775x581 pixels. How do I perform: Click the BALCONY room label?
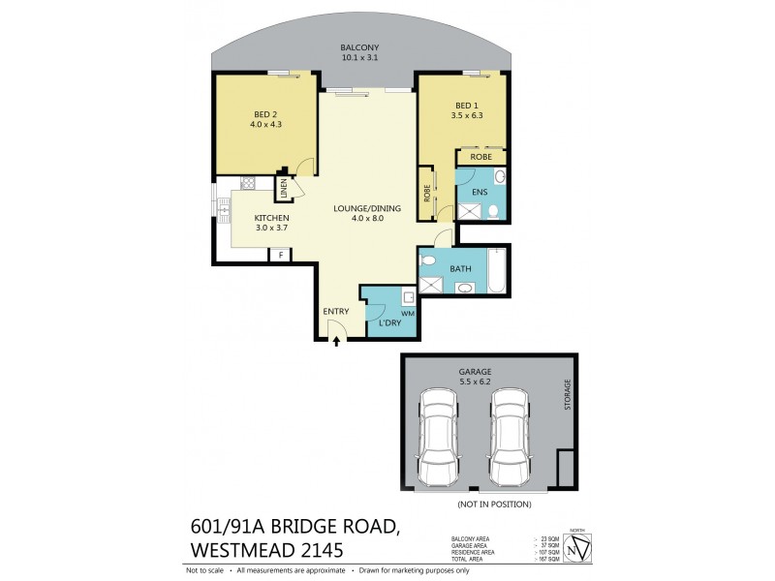359,47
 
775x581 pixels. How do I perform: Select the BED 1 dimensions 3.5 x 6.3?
467,115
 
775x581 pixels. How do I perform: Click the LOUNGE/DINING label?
359,207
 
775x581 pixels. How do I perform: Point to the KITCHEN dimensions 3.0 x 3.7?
271,229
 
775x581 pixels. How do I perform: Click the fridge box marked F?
281,255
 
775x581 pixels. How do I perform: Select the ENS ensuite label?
479,193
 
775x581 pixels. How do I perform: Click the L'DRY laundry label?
389,322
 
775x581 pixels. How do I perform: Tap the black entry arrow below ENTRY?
336,340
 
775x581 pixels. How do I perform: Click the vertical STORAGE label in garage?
569,395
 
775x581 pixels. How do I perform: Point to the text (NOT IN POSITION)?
495,505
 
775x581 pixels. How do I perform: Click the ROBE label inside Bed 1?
481,157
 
